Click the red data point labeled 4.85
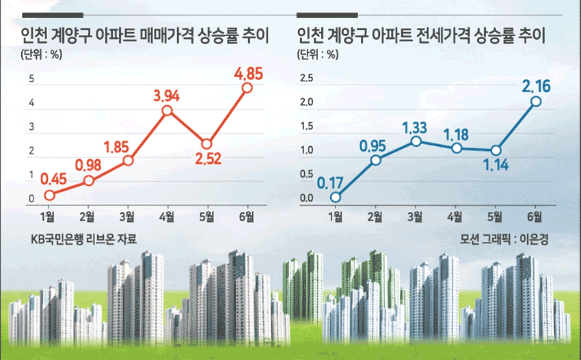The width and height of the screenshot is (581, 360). click(247, 87)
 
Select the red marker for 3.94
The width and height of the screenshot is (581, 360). click(167, 111)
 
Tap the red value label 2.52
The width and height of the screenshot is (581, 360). click(208, 159)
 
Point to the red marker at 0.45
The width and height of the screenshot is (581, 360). click(49, 195)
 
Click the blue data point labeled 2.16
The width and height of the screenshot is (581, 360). click(536, 102)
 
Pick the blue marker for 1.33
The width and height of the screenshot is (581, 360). click(416, 141)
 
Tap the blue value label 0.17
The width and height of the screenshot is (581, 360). click(330, 183)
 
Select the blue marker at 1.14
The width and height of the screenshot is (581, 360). click(496, 150)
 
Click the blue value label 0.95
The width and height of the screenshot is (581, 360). click(373, 146)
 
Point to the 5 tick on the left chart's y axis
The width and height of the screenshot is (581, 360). click(31, 79)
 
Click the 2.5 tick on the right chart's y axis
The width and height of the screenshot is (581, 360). click(306, 78)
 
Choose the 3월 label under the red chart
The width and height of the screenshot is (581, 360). click(126, 217)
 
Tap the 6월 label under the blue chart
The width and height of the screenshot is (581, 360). click(535, 217)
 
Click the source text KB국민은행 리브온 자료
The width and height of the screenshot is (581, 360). click(84, 239)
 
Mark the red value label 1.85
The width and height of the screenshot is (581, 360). click(116, 148)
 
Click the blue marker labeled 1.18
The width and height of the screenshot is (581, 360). click(457, 148)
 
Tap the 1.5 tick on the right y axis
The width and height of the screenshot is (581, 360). click(306, 126)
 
